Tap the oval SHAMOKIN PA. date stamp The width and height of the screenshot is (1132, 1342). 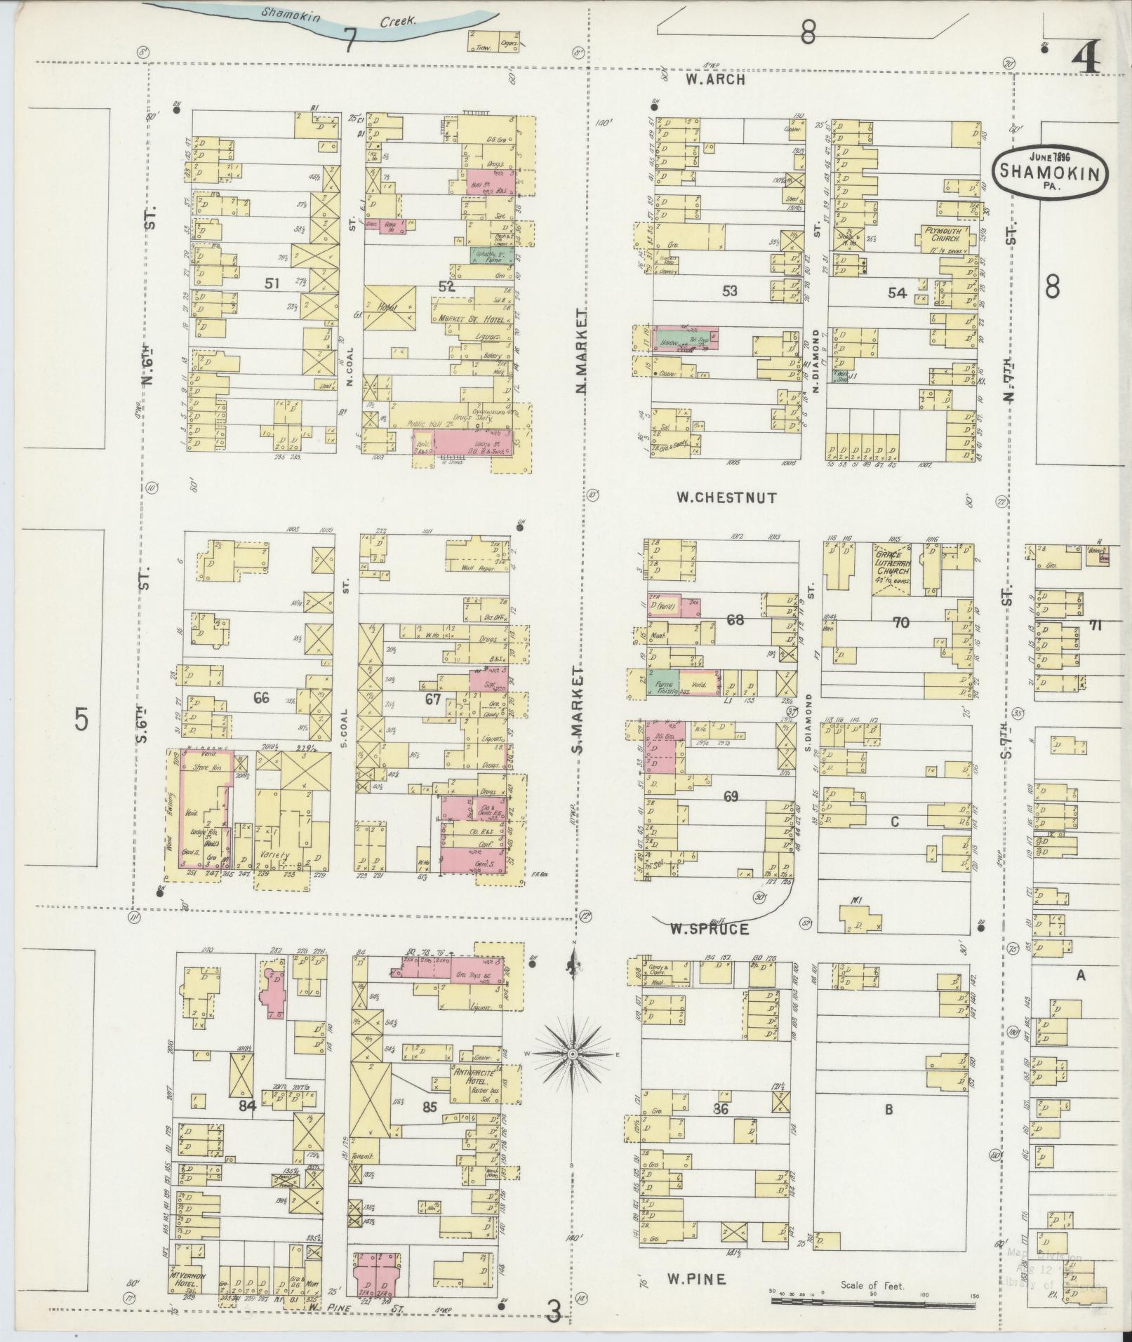tap(1050, 173)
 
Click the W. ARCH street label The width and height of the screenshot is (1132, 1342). tap(715, 80)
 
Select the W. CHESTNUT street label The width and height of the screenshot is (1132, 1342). tap(726, 497)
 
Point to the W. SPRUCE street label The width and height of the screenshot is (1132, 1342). tap(709, 929)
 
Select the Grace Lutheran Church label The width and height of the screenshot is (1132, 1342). tap(892, 565)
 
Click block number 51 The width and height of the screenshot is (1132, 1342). tap(272, 283)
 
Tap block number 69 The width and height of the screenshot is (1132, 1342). tap(731, 796)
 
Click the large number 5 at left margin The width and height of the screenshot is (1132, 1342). tap(82, 719)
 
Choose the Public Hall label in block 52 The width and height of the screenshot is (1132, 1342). tap(430, 424)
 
